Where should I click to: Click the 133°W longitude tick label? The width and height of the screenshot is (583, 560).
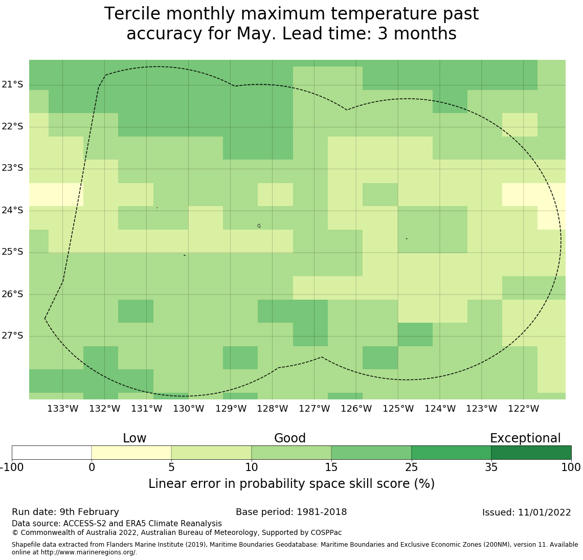click(62, 409)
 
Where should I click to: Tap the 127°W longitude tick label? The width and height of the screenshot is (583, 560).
click(314, 409)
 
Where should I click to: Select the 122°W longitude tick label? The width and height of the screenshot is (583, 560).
click(523, 409)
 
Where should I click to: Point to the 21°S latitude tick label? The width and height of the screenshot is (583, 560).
click(12, 85)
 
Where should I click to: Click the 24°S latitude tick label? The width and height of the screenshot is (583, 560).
click(12, 211)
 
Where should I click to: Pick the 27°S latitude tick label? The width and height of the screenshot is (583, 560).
click(12, 336)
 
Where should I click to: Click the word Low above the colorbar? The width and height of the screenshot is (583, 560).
click(134, 438)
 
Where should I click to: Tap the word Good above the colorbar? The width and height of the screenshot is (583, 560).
click(290, 438)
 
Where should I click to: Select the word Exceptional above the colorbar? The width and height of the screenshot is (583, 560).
click(525, 438)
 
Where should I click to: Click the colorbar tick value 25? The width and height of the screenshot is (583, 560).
click(411, 467)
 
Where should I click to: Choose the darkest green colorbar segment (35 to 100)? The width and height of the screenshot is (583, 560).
click(531, 453)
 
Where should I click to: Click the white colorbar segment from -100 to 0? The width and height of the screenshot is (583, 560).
click(52, 453)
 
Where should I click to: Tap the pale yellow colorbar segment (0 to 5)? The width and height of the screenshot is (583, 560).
click(131, 453)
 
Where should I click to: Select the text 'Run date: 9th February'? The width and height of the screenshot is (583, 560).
click(65, 512)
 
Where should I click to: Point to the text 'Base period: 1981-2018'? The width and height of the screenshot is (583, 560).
click(291, 512)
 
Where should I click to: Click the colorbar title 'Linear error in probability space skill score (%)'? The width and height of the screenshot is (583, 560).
click(291, 484)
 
